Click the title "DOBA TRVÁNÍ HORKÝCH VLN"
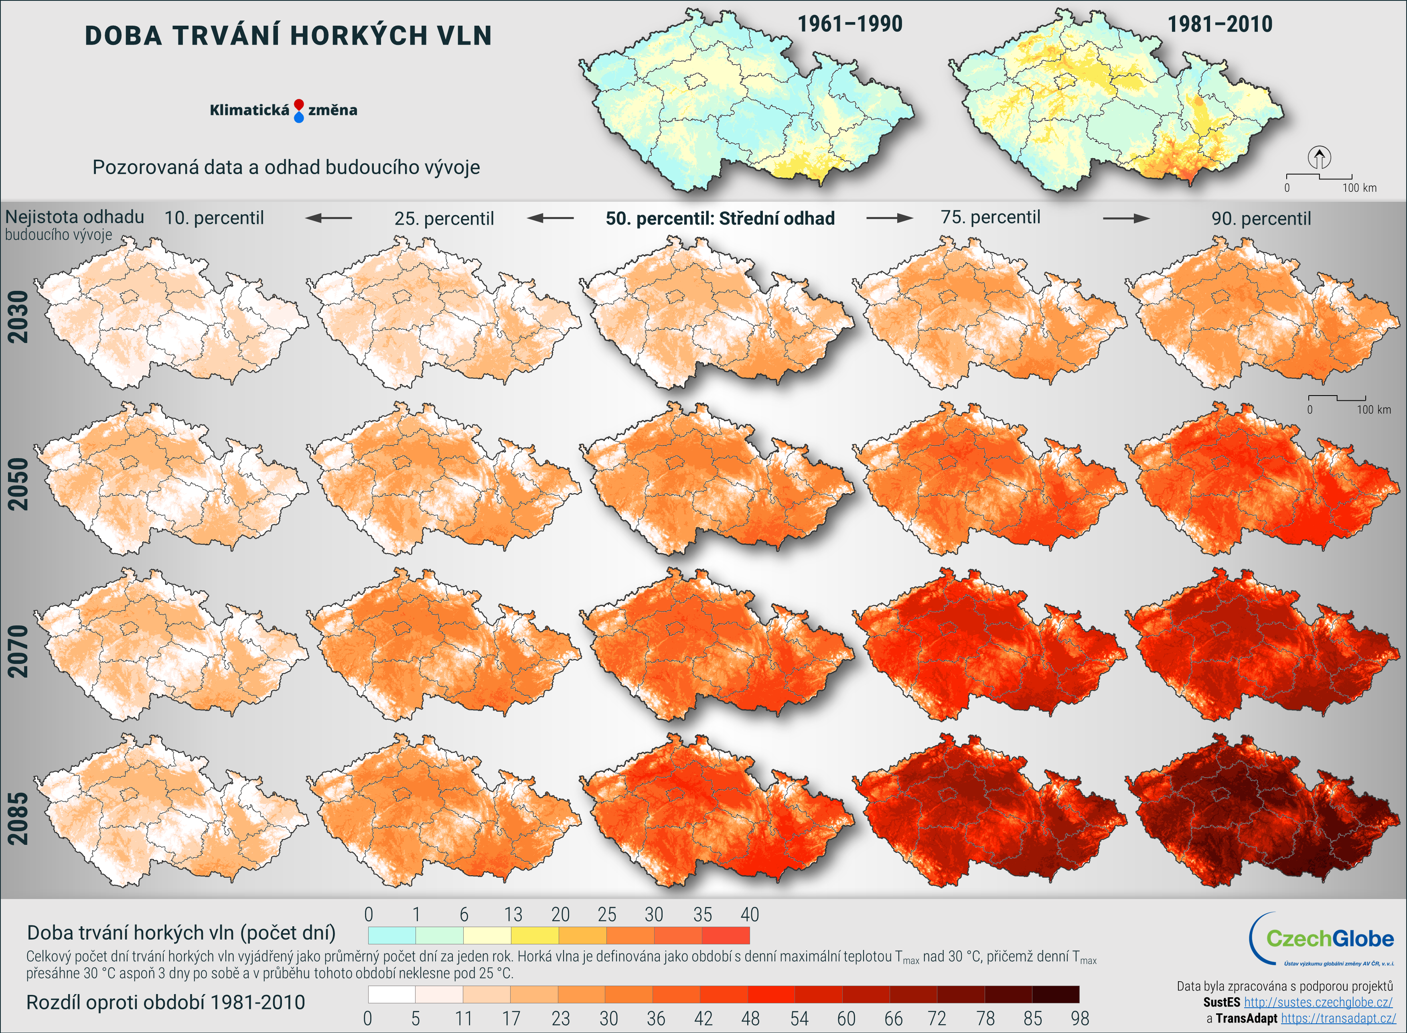point(288,36)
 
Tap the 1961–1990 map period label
point(849,24)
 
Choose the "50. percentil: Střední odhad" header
point(720,218)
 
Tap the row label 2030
point(18,317)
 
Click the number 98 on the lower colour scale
point(1079,1019)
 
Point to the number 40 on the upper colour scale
point(750,915)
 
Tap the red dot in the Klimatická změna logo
point(299,104)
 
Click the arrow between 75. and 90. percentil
point(1126,218)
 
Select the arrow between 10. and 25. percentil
point(329,218)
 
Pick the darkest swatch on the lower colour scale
point(1056,994)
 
